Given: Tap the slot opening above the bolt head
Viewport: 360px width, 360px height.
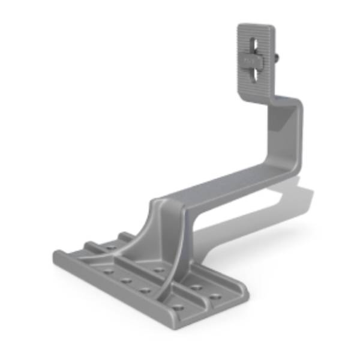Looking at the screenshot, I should pos(256,47).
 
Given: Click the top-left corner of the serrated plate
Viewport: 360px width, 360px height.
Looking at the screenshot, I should pos(239,27).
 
